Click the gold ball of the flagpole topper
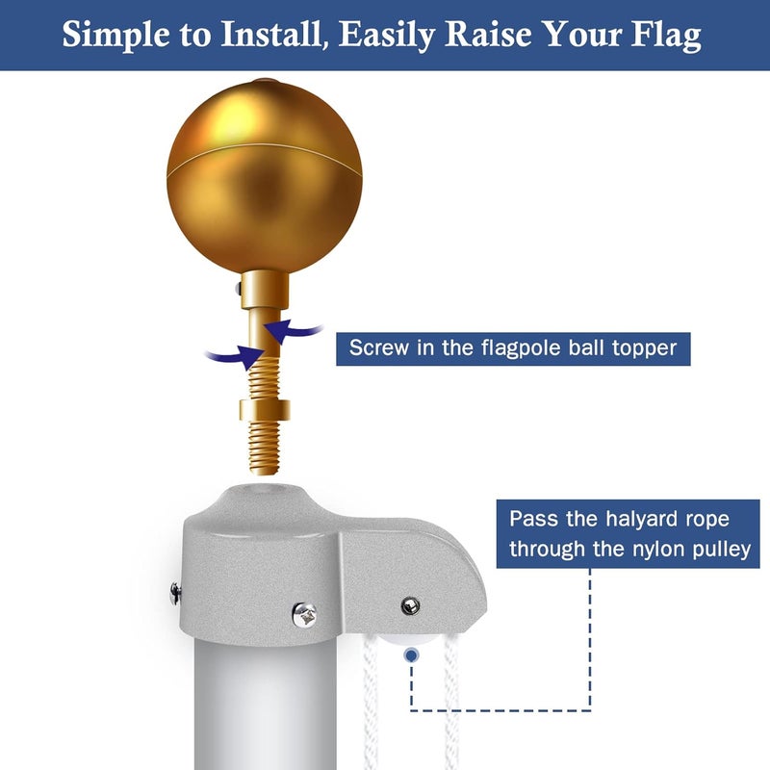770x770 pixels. point(250,173)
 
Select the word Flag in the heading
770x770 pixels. point(666,35)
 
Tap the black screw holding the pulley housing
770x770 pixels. point(411,605)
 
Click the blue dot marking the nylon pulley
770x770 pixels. point(412,655)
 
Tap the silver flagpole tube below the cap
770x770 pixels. point(260,712)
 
